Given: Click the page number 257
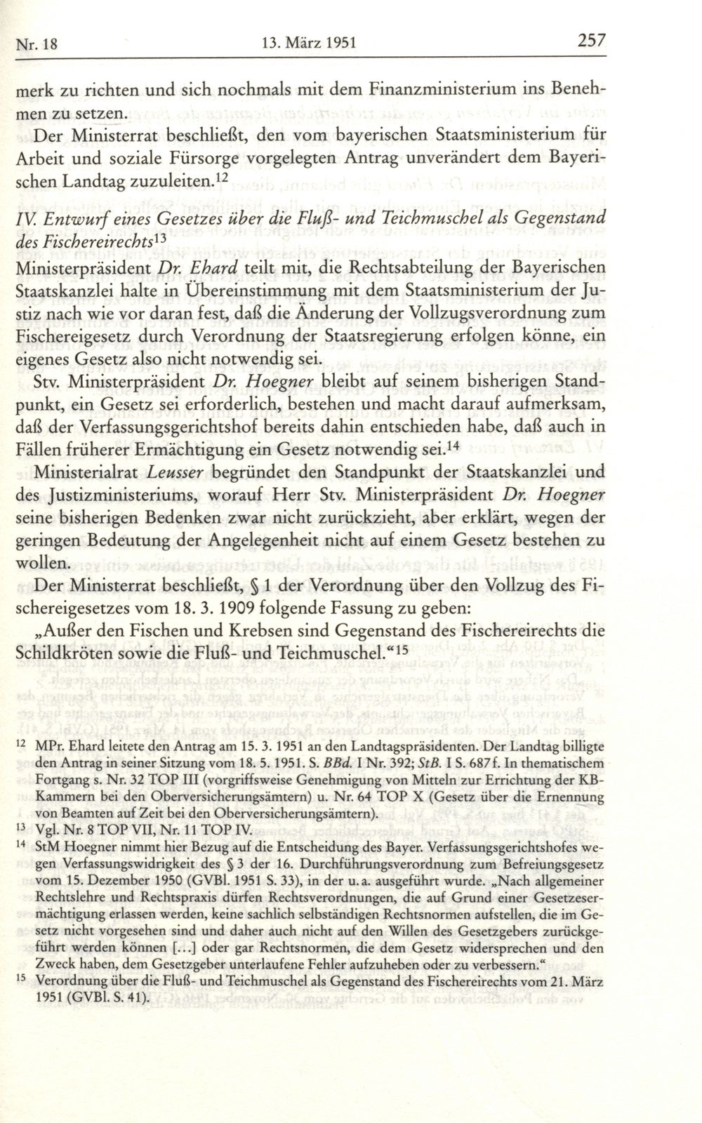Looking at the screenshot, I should click(x=591, y=41).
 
